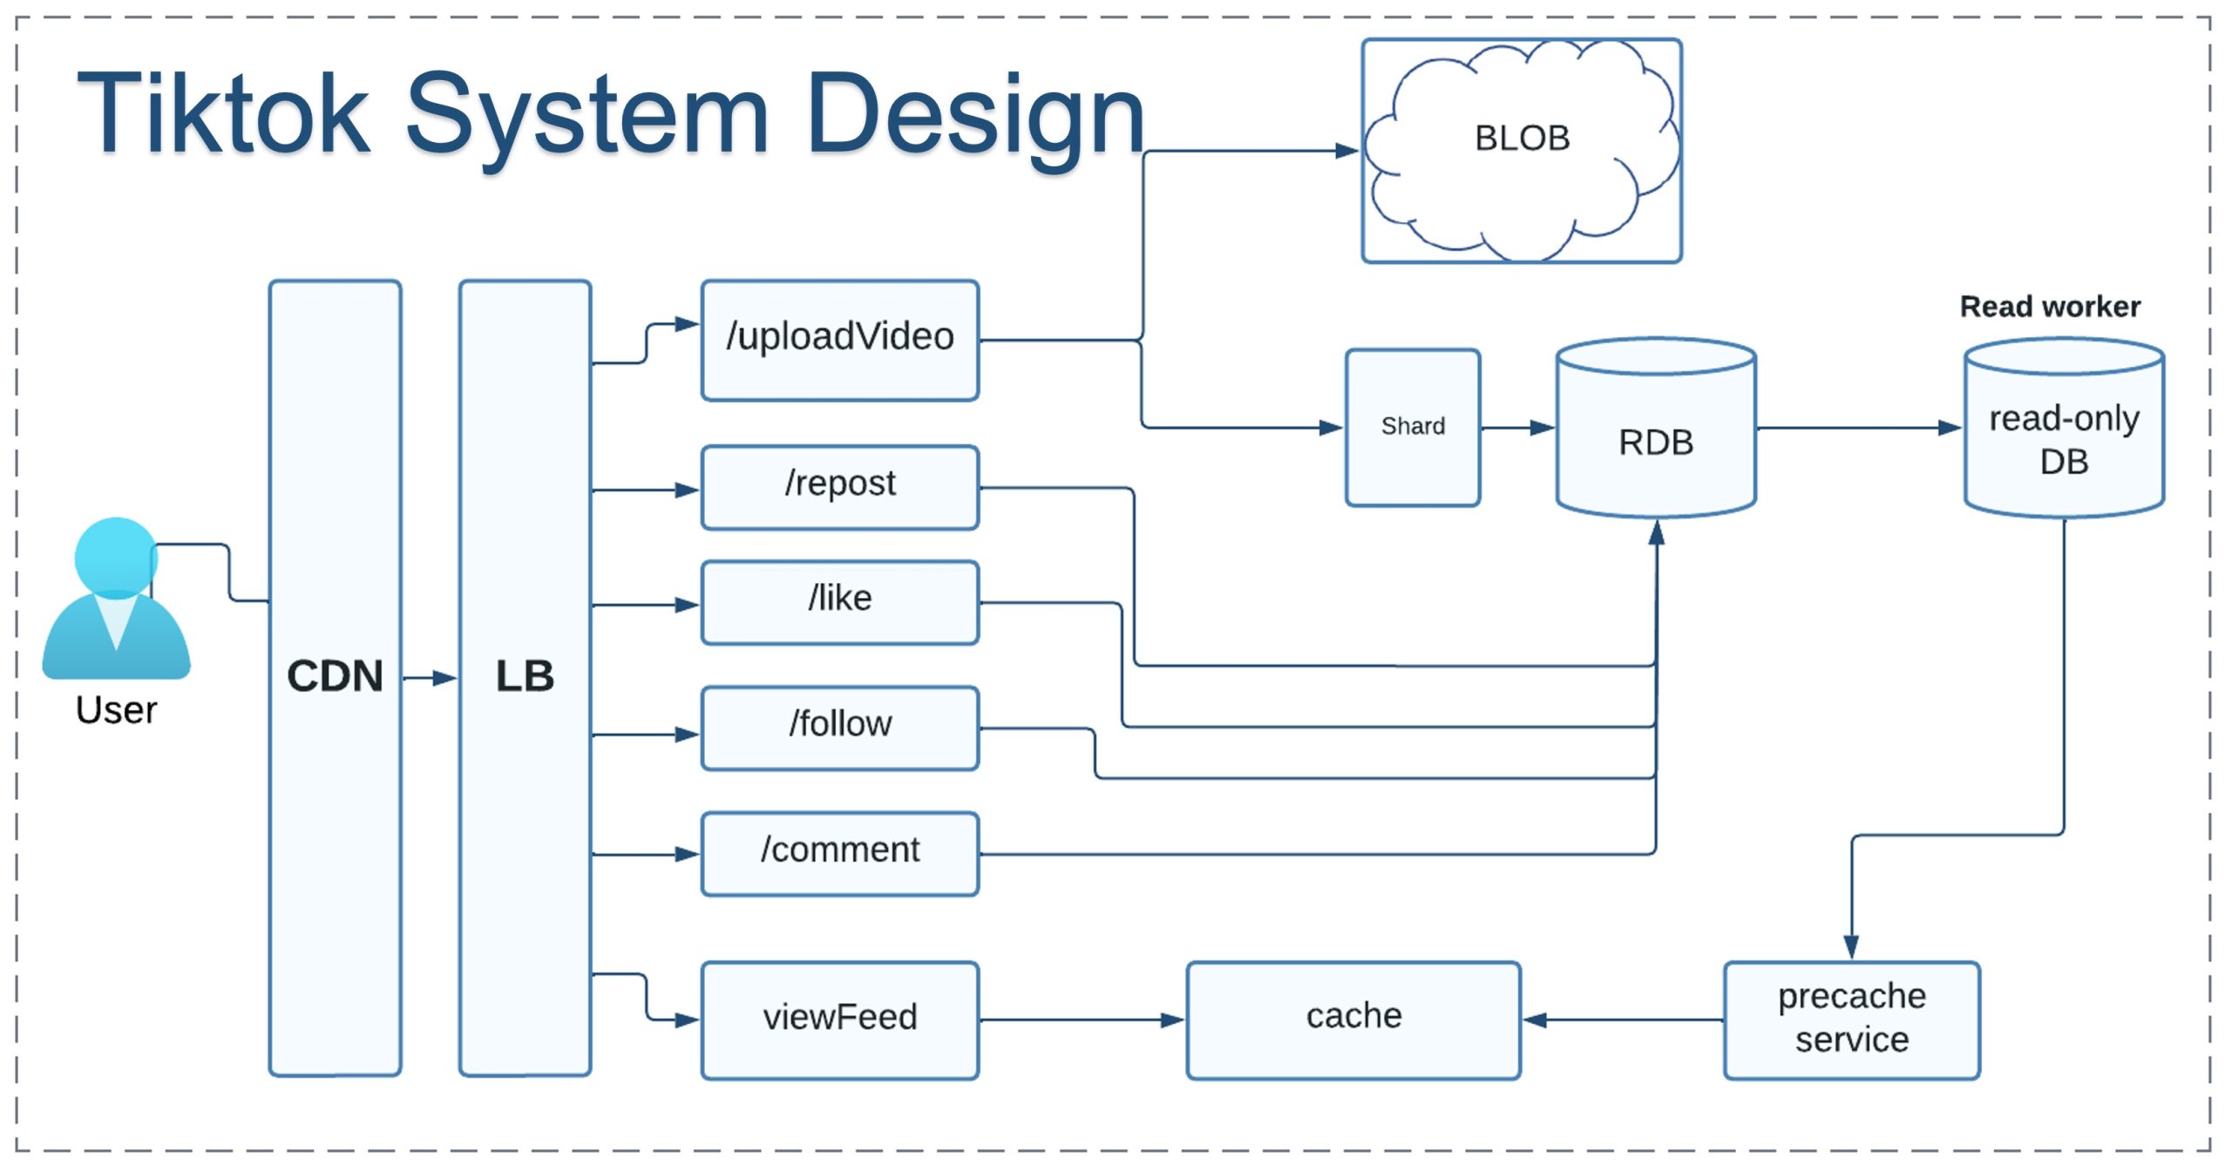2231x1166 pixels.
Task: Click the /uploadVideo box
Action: coord(839,340)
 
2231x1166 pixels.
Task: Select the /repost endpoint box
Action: coord(839,487)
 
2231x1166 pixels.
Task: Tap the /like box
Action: coord(839,602)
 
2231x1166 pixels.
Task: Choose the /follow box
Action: coord(839,728)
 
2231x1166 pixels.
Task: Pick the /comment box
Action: coord(839,853)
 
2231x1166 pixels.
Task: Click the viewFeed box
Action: coord(839,1020)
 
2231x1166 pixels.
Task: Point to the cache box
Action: coord(1353,1020)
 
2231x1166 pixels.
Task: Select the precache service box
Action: coord(1851,1020)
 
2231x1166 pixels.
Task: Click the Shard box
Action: coord(1412,427)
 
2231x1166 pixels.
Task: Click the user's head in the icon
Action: coord(115,555)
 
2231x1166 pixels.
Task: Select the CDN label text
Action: coord(335,676)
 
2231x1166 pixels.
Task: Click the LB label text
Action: coord(525,676)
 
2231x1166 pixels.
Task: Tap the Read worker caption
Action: coord(2050,307)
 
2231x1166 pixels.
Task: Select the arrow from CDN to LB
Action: coord(430,677)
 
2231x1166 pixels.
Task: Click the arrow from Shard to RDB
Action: coord(1517,428)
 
